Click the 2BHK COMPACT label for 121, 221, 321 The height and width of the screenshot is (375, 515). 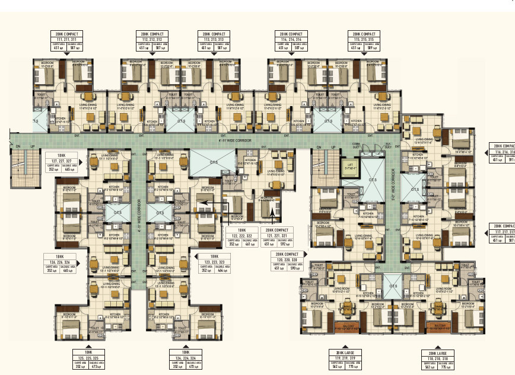(x=276, y=235)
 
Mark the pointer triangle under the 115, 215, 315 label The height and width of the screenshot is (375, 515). (x=363, y=55)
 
